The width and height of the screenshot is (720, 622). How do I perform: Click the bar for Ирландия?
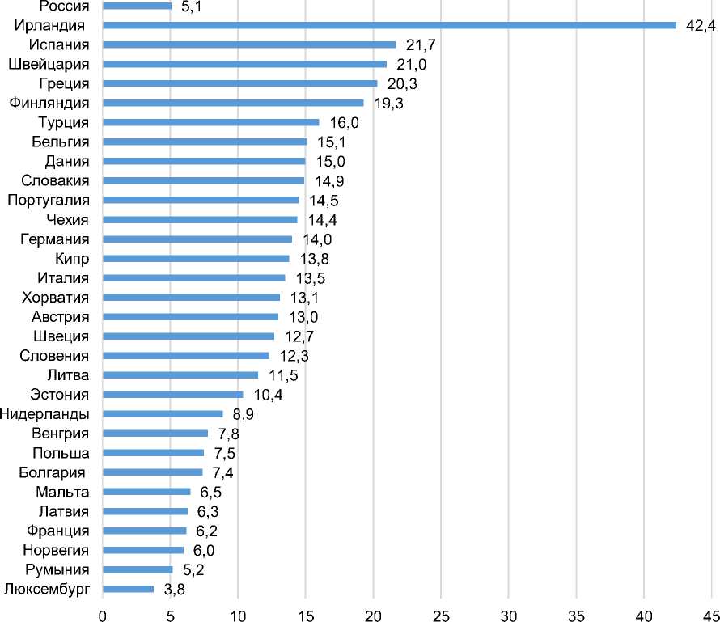[389, 25]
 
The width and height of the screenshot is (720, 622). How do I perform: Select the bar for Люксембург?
[128, 589]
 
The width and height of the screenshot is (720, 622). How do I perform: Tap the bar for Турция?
[210, 123]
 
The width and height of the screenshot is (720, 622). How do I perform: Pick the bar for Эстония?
[172, 395]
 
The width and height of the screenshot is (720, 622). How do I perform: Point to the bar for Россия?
[137, 6]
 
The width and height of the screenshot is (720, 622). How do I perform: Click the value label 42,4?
[701, 26]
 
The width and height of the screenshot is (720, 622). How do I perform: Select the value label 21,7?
[419, 45]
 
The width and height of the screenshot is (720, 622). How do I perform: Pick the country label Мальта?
[62, 492]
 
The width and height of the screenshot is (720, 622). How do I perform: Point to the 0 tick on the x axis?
[103, 614]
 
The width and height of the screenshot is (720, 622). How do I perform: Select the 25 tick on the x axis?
[441, 614]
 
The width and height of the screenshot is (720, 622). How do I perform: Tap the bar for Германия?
[197, 239]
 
